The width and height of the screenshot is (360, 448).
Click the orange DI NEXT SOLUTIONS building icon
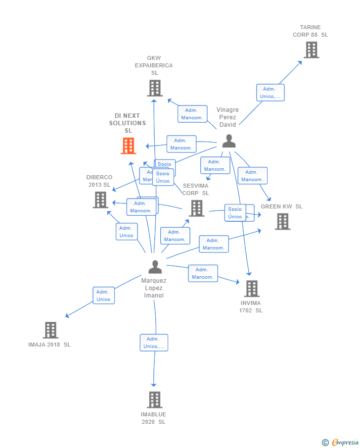click(129, 146)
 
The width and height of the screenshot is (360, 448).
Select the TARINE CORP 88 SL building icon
click(312, 50)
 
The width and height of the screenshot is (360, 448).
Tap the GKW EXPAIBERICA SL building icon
click(155, 88)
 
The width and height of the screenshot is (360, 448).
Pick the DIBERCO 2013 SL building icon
click(100, 199)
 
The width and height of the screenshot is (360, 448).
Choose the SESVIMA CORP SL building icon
click(197, 208)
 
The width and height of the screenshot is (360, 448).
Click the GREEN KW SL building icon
click(282, 221)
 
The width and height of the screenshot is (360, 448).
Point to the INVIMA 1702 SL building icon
click(252, 289)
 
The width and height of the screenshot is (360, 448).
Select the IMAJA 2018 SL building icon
click(50, 330)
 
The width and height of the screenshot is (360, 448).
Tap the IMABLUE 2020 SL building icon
click(154, 399)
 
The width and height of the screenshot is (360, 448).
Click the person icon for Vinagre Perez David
click(228, 141)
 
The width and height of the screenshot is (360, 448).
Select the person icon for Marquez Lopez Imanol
click(155, 267)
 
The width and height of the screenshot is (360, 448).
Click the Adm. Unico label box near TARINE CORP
click(270, 93)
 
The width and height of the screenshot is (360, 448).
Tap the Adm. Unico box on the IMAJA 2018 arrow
click(103, 296)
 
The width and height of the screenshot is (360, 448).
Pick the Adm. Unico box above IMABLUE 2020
click(154, 343)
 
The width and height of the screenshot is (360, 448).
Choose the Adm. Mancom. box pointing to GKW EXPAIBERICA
click(192, 114)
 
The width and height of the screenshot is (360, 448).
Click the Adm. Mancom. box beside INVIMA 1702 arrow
click(203, 273)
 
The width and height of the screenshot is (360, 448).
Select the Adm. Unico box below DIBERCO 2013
click(126, 232)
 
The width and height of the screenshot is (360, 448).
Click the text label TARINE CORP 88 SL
click(310, 31)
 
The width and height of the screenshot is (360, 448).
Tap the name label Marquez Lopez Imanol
click(154, 288)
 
